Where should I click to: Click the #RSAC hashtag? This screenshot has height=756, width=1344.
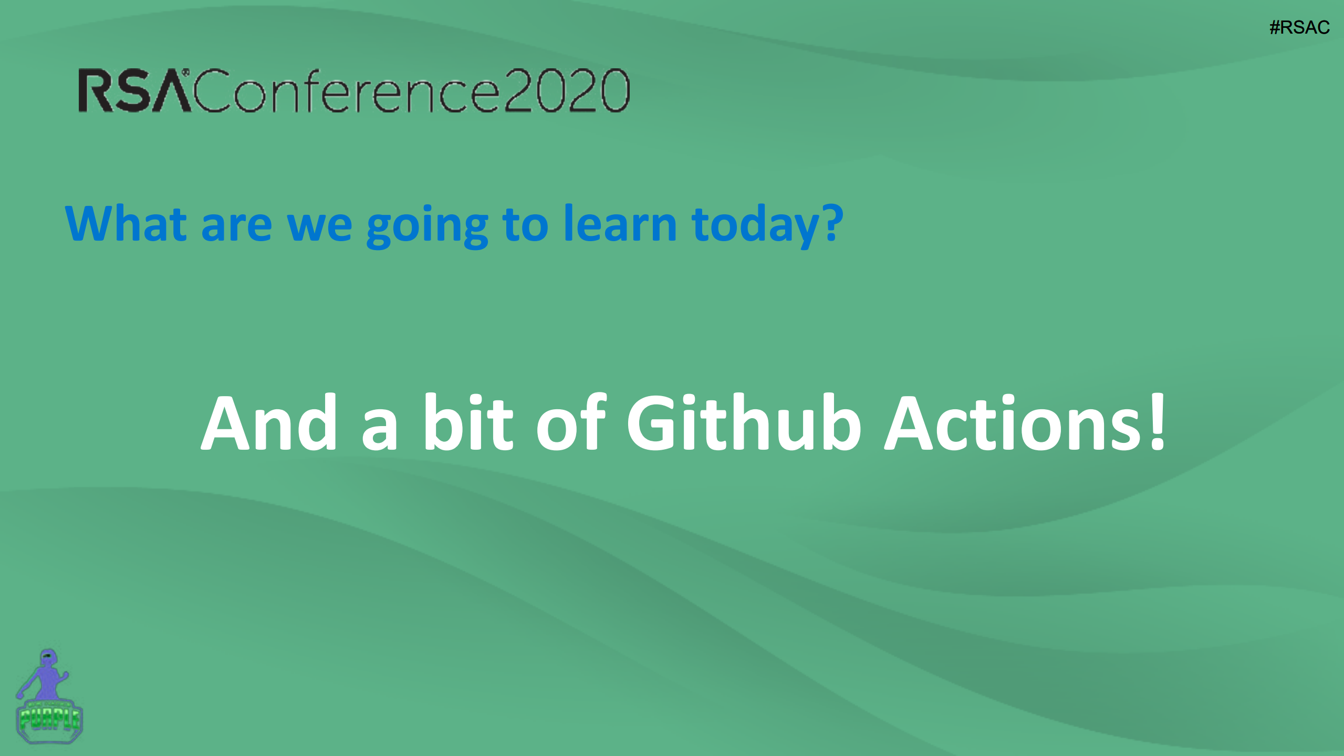tap(1299, 27)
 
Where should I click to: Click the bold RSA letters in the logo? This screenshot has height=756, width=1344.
tap(134, 90)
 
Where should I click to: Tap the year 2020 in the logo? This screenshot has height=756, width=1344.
tap(567, 90)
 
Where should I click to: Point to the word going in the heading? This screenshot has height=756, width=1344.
tap(428, 226)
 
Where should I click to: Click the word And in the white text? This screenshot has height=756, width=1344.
tap(269, 422)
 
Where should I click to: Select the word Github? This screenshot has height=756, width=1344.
tap(744, 422)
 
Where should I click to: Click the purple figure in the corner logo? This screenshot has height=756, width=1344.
tap(44, 675)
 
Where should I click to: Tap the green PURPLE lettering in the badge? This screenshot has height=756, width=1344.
tap(49, 719)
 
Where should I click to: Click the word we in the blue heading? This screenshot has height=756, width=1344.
tap(319, 228)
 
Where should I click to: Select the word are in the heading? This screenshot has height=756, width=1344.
tap(237, 228)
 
